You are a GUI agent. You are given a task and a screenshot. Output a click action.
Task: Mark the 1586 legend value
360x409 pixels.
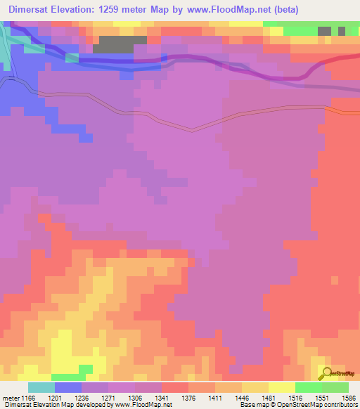coord(349,398)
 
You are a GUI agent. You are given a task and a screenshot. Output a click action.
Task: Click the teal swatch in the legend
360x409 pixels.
coord(41,387)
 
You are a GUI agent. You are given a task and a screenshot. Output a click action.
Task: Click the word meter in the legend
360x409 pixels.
coord(10,398)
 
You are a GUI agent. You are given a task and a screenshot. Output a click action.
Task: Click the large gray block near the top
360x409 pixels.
coord(112,44)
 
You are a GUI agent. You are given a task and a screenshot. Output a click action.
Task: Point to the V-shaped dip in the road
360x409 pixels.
coord(191,129)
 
